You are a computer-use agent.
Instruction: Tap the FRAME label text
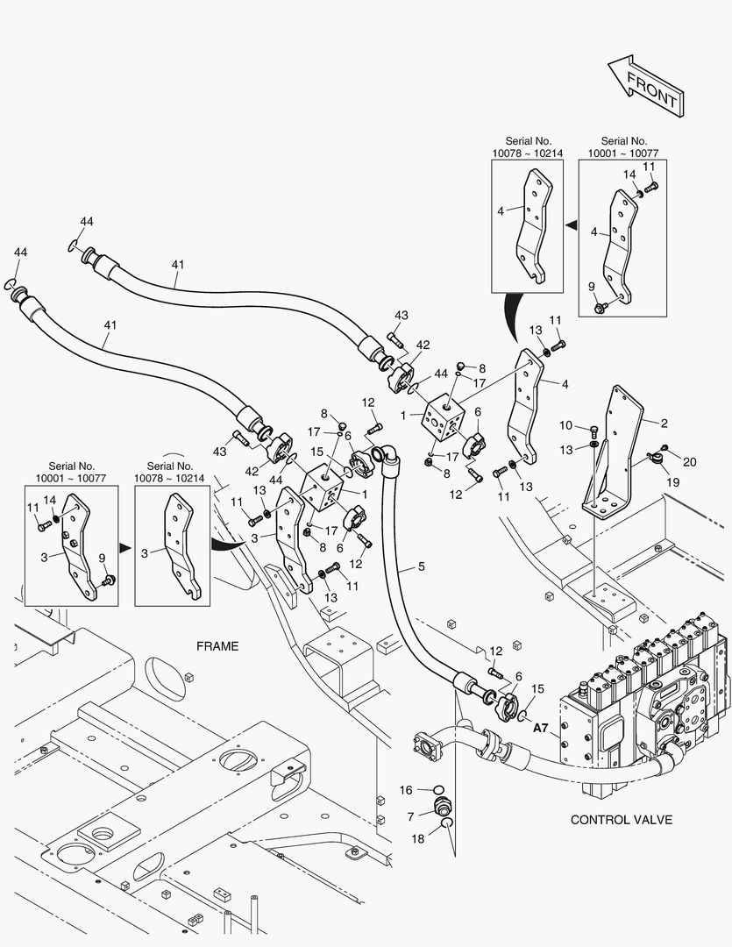click(217, 646)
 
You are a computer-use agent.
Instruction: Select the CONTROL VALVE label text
click(622, 820)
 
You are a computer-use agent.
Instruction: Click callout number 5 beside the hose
click(421, 566)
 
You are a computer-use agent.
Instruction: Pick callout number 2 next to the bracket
click(664, 424)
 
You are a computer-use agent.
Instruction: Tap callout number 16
click(405, 790)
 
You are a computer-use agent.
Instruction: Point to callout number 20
click(689, 462)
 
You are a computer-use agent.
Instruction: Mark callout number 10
click(566, 426)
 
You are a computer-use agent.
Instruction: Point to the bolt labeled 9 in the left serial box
click(109, 580)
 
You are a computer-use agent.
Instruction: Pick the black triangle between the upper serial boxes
click(571, 225)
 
